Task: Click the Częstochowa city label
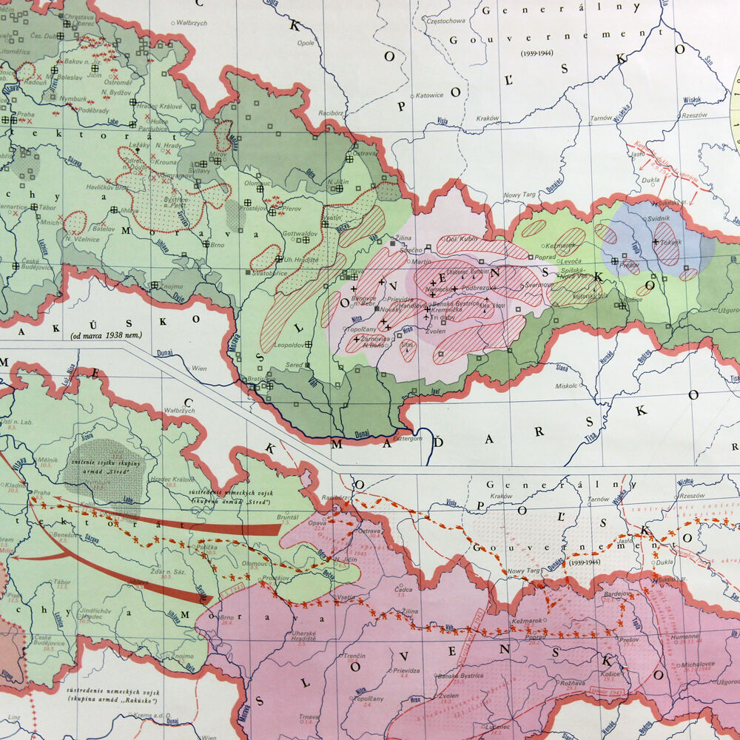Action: (x=442, y=21)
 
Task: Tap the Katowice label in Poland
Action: (x=428, y=95)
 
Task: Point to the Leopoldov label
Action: (x=287, y=345)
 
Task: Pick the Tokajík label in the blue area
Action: (x=672, y=242)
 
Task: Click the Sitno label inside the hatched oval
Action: (x=407, y=344)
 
